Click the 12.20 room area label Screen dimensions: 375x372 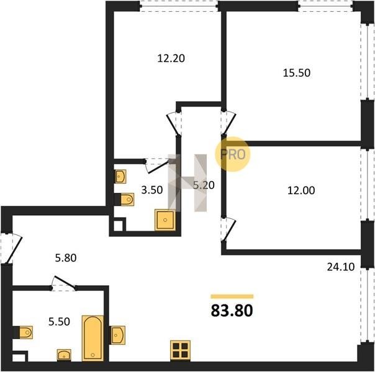pos(171,58)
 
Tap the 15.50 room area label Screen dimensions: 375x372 pos(297,73)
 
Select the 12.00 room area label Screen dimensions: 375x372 pos(301,190)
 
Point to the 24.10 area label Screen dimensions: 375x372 pos(341,267)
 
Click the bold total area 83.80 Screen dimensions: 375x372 pos(232,311)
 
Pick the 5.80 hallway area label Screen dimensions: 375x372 pos(66,258)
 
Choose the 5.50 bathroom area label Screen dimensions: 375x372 pos(59,322)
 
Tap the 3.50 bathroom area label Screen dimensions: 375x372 pos(152,190)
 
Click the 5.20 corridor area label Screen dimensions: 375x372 pos(204,185)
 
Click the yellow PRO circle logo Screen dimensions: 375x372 pos(232,154)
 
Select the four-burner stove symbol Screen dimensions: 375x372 pos(180,350)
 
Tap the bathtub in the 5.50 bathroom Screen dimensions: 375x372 pos(93,338)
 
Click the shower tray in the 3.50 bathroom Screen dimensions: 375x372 pos(165,220)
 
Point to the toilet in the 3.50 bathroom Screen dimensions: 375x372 pos(124,199)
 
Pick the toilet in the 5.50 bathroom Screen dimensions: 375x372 pos(23,332)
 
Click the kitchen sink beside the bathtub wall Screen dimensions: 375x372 pos(117,335)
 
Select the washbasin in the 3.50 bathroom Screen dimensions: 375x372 pos(120,177)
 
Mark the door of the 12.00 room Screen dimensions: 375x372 pos(230,229)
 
